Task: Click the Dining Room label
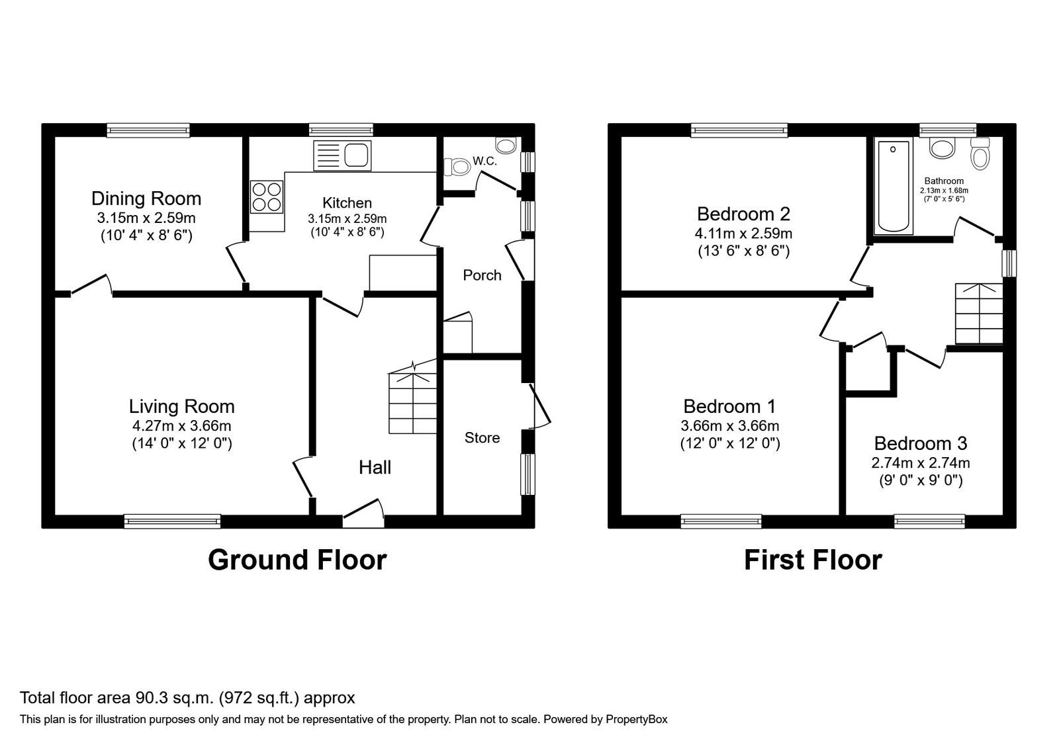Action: tap(146, 198)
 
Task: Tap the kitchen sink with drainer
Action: tap(342, 155)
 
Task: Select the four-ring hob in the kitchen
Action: tap(267, 196)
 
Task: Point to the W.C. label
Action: tap(484, 161)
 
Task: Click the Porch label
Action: tap(482, 275)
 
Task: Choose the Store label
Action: tap(482, 437)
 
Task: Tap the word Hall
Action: tap(375, 467)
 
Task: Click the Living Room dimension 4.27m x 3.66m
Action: tap(181, 426)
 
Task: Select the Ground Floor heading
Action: tap(297, 560)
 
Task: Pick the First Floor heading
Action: tap(813, 560)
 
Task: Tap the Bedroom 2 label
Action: tap(743, 214)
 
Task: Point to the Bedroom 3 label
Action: tap(921, 443)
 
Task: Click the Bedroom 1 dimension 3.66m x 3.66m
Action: tap(730, 426)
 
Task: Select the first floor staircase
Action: tap(979, 314)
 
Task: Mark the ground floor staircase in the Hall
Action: tap(412, 398)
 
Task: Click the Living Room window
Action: tap(173, 521)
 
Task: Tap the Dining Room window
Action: tap(148, 130)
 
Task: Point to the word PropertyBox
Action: tap(636, 720)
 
